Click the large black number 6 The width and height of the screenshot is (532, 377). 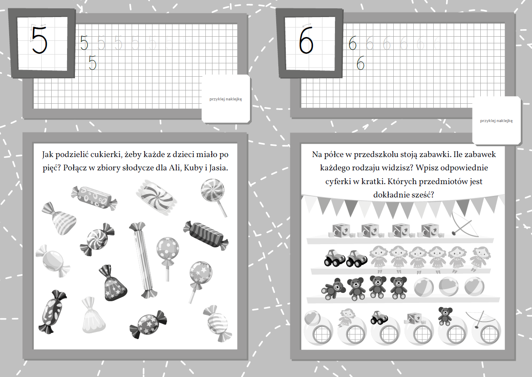(x=306, y=40)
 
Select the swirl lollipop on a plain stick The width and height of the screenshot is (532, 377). (x=213, y=197)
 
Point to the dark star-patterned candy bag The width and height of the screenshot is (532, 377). (x=112, y=283)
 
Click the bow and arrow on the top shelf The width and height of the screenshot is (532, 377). (x=465, y=224)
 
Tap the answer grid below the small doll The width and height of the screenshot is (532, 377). (x=355, y=334)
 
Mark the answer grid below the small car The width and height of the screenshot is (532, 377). (x=389, y=334)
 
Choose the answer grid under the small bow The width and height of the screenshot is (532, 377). (x=490, y=334)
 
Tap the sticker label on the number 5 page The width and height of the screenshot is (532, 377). (x=226, y=99)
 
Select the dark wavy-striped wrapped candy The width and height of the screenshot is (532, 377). (x=206, y=235)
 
